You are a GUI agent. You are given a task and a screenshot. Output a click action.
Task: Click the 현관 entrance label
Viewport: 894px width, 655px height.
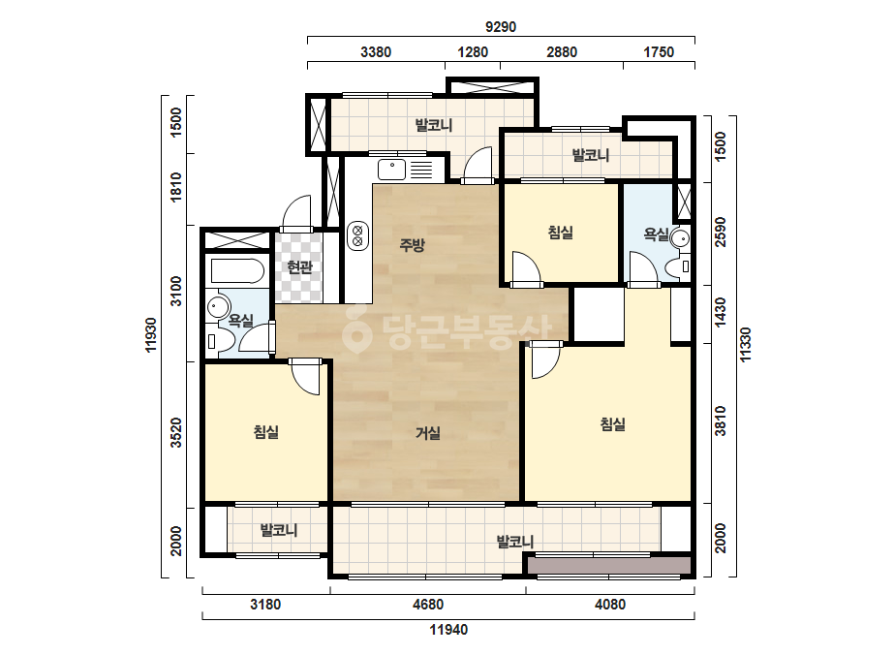(x=299, y=267)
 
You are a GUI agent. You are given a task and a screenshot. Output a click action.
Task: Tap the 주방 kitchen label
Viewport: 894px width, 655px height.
(x=412, y=245)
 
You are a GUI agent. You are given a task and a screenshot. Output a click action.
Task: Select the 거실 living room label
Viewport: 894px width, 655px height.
(x=427, y=433)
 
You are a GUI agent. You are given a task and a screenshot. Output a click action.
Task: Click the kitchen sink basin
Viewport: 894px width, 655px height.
(x=391, y=170)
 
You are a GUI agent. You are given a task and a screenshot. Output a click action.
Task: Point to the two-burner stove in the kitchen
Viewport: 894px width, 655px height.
(x=358, y=235)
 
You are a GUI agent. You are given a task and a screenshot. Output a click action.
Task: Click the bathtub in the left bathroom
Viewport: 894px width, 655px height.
(x=237, y=271)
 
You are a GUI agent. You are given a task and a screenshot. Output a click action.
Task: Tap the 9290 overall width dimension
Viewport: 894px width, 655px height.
(x=501, y=27)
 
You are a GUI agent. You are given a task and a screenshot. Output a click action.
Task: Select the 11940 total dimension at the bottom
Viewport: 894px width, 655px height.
(x=448, y=630)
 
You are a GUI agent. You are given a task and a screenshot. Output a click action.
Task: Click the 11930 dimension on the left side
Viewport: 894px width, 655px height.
(x=151, y=335)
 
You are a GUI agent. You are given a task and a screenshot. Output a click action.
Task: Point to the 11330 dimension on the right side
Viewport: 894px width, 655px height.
(x=746, y=344)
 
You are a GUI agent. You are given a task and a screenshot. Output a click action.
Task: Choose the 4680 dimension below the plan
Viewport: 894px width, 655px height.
(x=427, y=605)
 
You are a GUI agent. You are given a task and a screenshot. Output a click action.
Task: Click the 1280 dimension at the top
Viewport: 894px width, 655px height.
(x=473, y=52)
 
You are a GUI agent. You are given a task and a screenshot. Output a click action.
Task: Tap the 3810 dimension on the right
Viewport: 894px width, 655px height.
(x=722, y=421)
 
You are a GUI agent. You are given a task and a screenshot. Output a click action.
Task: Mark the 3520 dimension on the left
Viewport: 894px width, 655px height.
(x=176, y=432)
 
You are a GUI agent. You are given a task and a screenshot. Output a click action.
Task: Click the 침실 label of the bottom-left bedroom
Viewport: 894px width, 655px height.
(x=266, y=432)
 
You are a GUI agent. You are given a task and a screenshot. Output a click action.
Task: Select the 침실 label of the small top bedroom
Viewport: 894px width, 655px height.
(x=561, y=233)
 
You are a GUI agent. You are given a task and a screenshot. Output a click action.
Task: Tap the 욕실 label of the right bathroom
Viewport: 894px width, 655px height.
(x=656, y=234)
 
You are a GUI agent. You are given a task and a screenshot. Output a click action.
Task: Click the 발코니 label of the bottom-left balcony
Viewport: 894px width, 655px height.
(x=279, y=530)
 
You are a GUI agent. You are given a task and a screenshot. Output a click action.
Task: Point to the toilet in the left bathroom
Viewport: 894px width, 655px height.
(x=221, y=342)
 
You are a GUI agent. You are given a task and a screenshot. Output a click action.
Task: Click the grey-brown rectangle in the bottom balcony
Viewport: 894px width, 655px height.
(x=609, y=566)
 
